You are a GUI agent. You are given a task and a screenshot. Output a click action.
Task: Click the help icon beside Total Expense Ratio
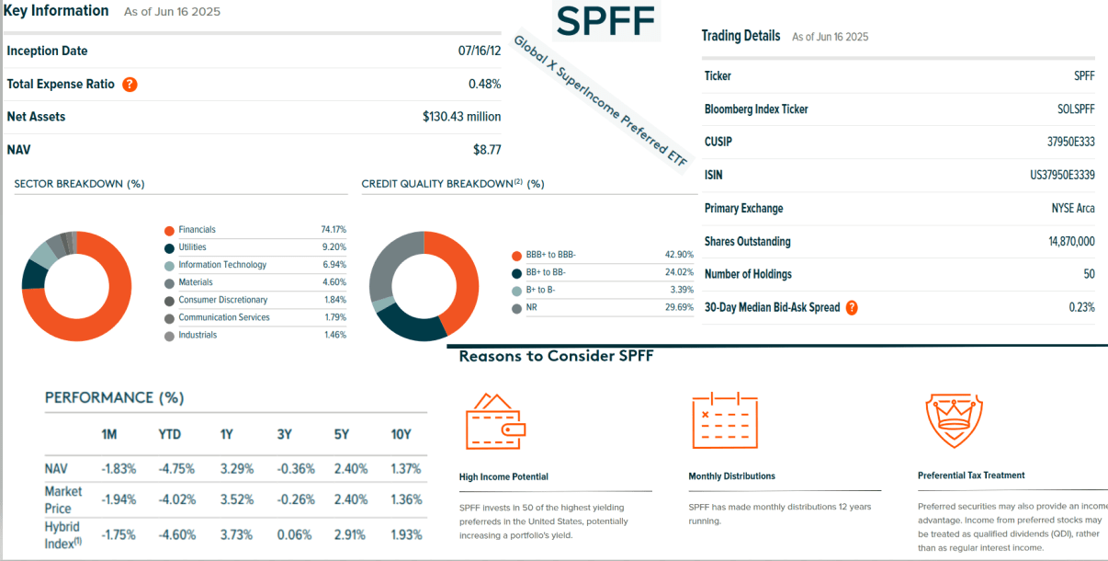pos(130,85)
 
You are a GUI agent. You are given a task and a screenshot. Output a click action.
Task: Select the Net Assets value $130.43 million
pos(461,117)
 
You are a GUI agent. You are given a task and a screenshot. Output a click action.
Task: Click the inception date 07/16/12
pos(480,52)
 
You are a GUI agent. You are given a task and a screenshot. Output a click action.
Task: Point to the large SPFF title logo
pos(606,20)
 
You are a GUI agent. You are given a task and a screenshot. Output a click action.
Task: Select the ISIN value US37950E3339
pos(1061,176)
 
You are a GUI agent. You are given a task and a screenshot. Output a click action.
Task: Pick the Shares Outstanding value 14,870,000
pos(1065,242)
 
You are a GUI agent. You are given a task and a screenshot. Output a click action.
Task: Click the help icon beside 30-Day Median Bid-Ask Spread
pos(852,308)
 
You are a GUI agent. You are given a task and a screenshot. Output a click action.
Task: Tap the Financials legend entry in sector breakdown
pos(197,230)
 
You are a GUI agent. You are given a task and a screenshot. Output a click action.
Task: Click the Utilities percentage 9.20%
pos(334,247)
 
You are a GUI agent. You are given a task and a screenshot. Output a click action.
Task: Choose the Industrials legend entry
pos(198,336)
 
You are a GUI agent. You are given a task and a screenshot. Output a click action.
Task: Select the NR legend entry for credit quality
pos(531,308)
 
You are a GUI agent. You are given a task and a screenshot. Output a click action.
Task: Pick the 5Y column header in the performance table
pos(342,435)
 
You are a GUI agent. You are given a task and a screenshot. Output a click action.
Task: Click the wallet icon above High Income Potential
pos(495,422)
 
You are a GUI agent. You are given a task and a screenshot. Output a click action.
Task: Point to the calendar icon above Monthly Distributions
pos(724,420)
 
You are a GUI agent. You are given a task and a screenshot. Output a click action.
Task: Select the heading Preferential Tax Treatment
pos(971,475)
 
